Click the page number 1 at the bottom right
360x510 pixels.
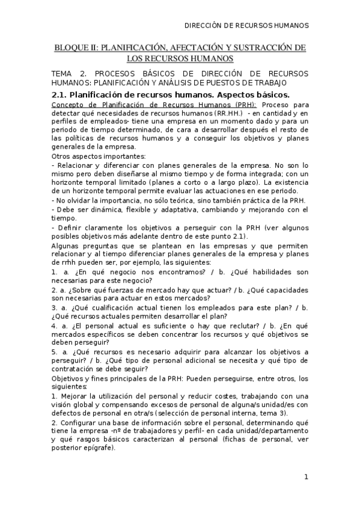point(306,478)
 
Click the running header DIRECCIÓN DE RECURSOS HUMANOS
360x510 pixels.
point(246,26)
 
